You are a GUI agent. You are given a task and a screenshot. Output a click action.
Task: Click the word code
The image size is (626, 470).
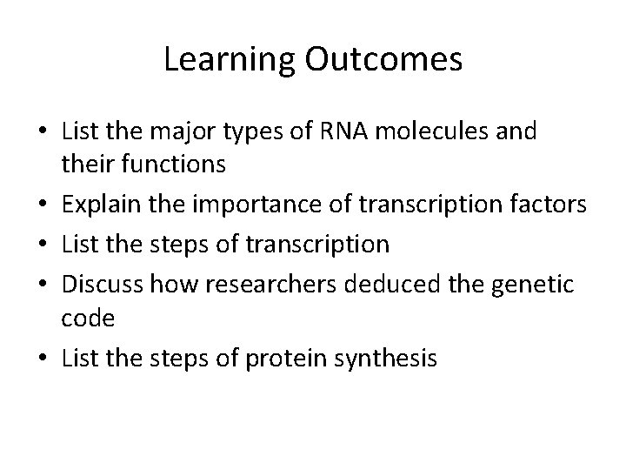(x=89, y=319)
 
